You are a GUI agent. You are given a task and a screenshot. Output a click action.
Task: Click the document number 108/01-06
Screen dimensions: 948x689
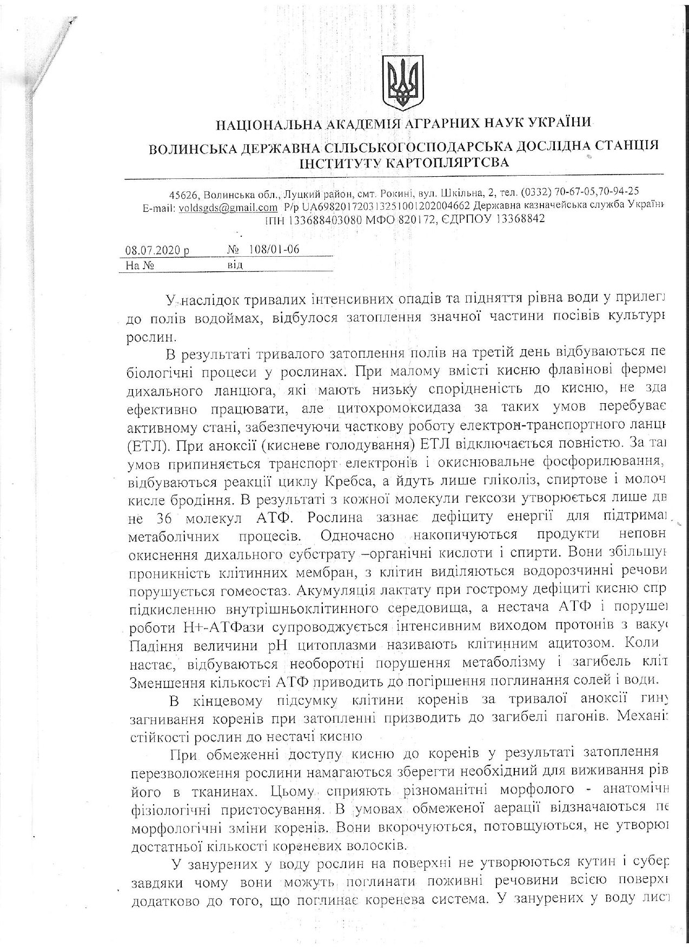pyautogui.click(x=274, y=249)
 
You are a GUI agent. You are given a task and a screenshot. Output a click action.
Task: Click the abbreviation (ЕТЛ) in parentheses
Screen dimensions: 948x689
pyautogui.click(x=147, y=445)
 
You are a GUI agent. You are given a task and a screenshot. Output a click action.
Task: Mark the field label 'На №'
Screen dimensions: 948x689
pyautogui.click(x=141, y=265)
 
